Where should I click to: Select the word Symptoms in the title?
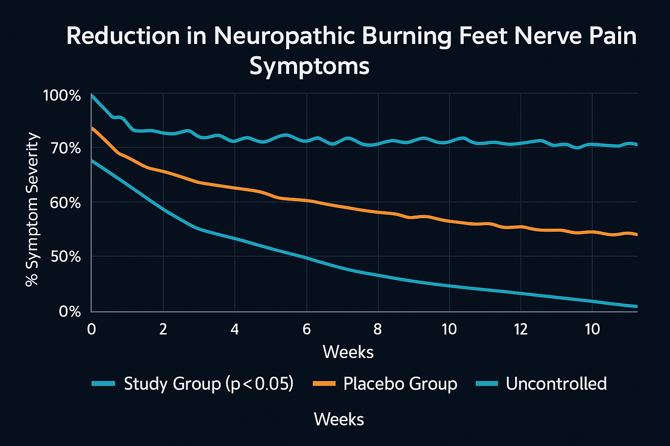click(309, 67)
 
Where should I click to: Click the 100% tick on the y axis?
click(62, 95)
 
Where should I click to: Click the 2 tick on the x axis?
click(163, 329)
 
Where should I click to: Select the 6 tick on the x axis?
click(307, 329)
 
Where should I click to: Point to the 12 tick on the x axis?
click(521, 329)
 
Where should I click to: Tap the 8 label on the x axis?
click(378, 329)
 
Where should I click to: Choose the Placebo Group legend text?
click(400, 384)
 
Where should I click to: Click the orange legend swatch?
click(324, 384)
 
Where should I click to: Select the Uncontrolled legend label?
click(556, 384)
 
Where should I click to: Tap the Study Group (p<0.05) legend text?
click(209, 384)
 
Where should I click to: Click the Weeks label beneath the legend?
click(339, 419)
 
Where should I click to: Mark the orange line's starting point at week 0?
click(92, 128)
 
